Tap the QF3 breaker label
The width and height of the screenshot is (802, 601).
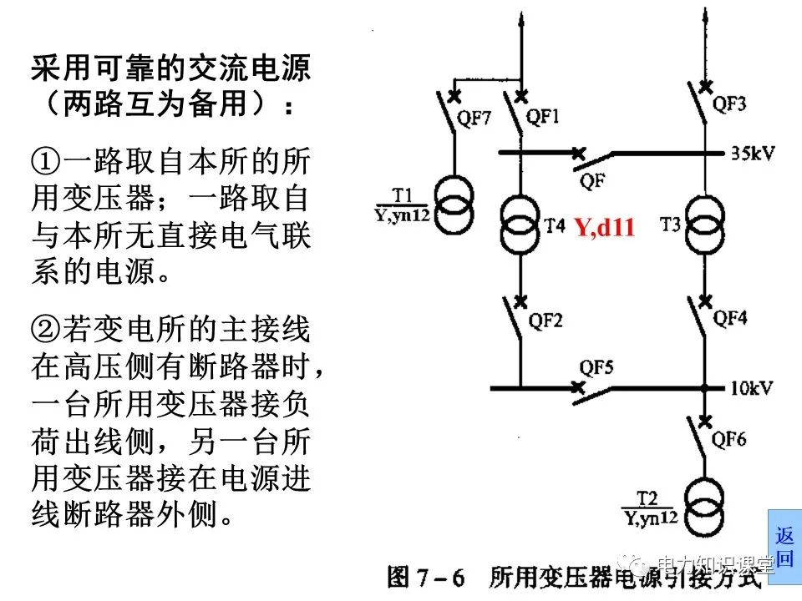(x=729, y=104)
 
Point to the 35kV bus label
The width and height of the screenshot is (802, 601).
(x=753, y=154)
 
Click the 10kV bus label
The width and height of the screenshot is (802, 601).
(x=752, y=387)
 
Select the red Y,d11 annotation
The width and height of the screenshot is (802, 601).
(x=604, y=227)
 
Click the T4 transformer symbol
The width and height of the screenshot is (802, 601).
(x=520, y=225)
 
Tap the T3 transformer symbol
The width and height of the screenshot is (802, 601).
(x=706, y=224)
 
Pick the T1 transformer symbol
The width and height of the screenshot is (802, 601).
(x=454, y=199)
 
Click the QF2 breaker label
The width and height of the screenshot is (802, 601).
(x=546, y=320)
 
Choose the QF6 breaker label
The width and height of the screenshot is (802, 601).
(x=729, y=440)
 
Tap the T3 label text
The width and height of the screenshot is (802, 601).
(x=670, y=225)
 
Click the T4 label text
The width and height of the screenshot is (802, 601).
(x=555, y=225)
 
